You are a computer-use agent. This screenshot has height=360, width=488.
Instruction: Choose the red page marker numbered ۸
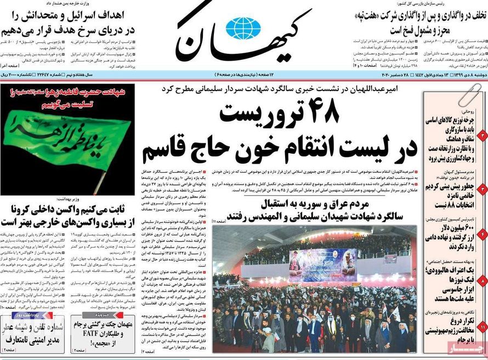tap(483, 280)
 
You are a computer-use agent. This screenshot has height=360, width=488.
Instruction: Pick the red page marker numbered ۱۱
tap(483, 327)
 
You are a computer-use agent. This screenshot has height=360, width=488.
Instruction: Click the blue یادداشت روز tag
tap(26, 316)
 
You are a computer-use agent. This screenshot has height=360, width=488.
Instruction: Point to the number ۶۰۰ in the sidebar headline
tap(464, 227)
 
